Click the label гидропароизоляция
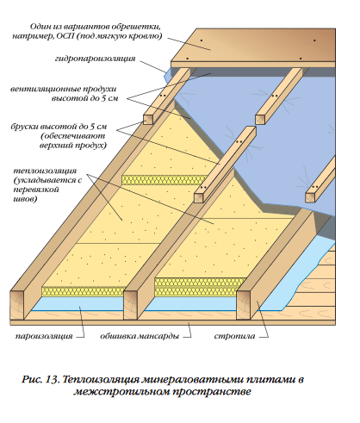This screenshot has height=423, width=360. (95, 59)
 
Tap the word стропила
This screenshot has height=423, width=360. (234, 336)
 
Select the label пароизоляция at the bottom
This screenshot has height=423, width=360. (44, 336)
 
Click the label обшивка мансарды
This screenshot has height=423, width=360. (140, 336)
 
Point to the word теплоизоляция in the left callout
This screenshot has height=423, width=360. (45, 171)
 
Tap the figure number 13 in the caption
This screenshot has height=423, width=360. (52, 379)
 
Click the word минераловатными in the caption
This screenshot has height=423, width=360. (191, 380)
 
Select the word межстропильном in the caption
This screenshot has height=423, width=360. (121, 392)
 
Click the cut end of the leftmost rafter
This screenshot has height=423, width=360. (17, 305)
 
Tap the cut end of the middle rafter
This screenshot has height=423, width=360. (130, 305)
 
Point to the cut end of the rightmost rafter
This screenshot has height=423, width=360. (243, 305)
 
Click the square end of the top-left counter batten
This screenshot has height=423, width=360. (147, 120)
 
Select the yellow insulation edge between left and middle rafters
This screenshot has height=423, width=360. (84, 291)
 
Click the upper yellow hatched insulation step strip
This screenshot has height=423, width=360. (164, 180)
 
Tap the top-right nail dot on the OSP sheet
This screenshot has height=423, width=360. (314, 40)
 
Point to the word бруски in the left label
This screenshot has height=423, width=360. (25, 127)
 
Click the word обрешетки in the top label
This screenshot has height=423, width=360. (136, 27)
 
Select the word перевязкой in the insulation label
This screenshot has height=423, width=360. (36, 190)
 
